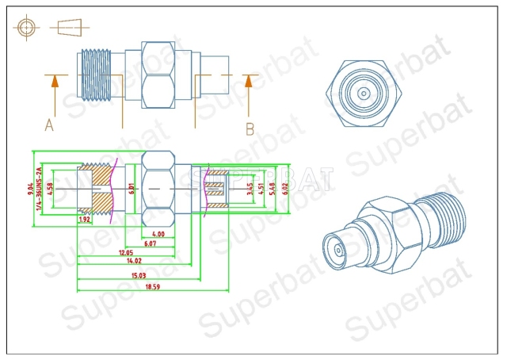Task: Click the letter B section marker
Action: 249,126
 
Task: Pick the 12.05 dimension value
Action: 126,252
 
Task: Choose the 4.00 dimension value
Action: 158,233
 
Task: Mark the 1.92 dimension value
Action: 85,220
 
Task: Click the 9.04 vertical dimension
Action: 30,188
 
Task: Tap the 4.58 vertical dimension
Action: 50,188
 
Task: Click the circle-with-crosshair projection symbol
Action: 28,26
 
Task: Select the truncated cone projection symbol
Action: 69,26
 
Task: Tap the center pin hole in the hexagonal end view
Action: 363,93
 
